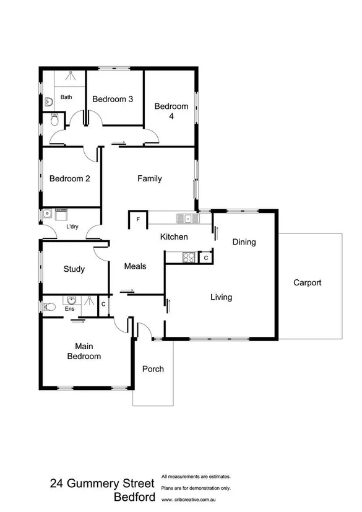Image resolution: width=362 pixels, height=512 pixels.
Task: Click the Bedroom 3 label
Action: pyautogui.click(x=113, y=99)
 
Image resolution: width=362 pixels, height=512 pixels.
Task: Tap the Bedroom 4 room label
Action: pyautogui.click(x=171, y=111)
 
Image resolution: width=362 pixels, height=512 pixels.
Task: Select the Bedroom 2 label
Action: pyautogui.click(x=70, y=179)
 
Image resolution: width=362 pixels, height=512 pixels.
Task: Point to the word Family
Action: pyautogui.click(x=149, y=179)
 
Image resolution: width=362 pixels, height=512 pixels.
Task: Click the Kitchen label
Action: pyautogui.click(x=174, y=237)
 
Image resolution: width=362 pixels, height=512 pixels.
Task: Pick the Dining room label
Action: pyautogui.click(x=244, y=242)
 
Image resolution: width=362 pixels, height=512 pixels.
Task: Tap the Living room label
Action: pyautogui.click(x=221, y=297)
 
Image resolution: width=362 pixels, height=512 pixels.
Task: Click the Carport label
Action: pyautogui.click(x=308, y=283)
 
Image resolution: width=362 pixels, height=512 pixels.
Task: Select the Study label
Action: pyautogui.click(x=74, y=269)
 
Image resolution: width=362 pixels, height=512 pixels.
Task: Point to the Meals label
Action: pyautogui.click(x=135, y=266)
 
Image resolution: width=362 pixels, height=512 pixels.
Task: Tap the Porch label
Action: pyautogui.click(x=153, y=369)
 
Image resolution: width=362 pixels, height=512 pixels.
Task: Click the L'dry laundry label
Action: pyautogui.click(x=72, y=227)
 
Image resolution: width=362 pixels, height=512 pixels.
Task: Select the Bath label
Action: pyautogui.click(x=66, y=97)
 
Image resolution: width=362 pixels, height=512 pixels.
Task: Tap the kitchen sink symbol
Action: pyautogui.click(x=186, y=218)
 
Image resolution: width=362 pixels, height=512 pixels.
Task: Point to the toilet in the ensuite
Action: pyautogui.click(x=50, y=306)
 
